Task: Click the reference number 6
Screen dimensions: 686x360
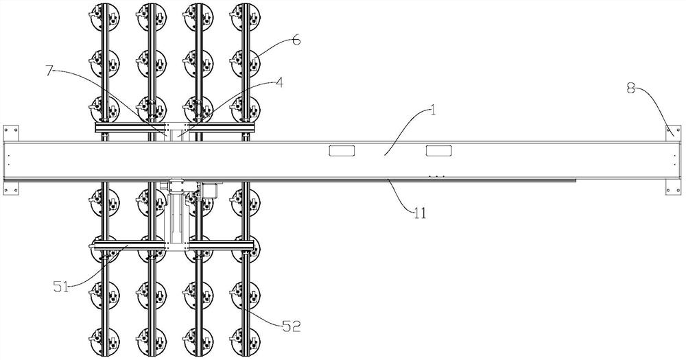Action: [296, 40]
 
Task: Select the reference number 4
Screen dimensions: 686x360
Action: [279, 83]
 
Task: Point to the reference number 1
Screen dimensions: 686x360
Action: [433, 110]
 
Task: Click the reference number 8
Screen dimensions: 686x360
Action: [631, 89]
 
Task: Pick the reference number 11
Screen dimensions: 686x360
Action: [419, 213]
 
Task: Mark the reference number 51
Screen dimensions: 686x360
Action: [61, 287]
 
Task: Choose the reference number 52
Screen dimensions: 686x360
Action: [292, 326]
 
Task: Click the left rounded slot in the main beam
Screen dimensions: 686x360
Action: [342, 151]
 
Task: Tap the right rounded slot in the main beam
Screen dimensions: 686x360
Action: [439, 151]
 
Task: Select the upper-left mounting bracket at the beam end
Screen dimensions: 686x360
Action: [11, 134]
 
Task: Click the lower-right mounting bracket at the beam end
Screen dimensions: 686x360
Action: [674, 187]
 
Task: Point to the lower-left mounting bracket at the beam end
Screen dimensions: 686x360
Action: [11, 187]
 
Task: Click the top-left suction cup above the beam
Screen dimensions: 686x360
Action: [105, 17]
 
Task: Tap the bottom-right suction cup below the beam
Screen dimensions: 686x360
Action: [246, 341]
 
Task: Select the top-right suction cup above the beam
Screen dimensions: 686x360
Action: [246, 17]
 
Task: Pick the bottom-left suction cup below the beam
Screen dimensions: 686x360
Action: [105, 341]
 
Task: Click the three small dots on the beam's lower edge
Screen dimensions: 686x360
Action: [436, 176]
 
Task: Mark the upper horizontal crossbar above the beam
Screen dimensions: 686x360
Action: [175, 128]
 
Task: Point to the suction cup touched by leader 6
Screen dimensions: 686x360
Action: [246, 63]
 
